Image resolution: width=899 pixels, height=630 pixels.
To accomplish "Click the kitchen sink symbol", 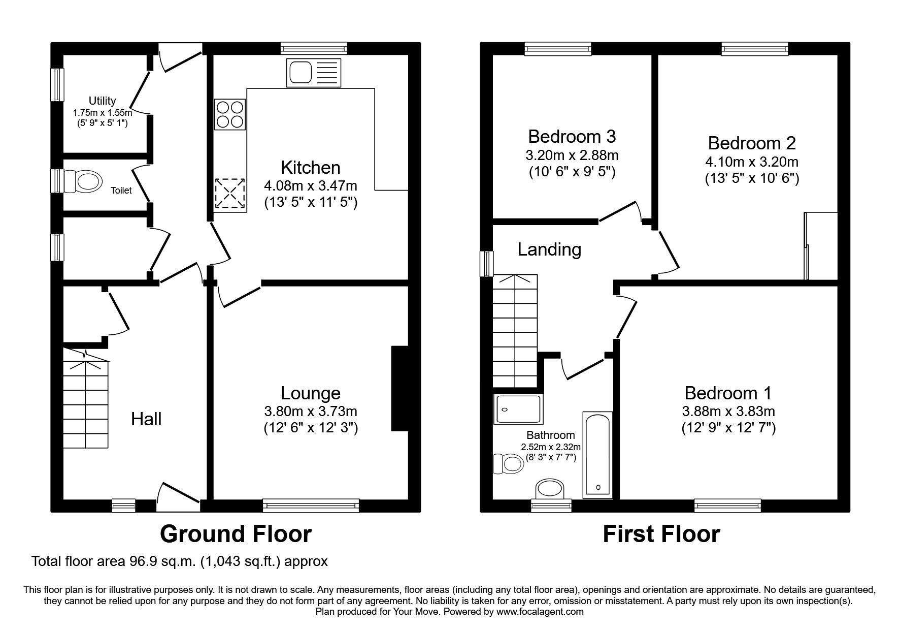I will click(313, 72).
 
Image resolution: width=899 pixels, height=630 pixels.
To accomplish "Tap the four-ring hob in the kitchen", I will click(230, 114).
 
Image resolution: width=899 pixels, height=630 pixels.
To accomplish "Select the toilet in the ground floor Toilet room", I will click(86, 181).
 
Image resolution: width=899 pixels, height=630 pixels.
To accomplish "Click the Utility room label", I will click(102, 101).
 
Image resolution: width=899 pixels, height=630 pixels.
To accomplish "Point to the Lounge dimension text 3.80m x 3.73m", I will click(310, 411).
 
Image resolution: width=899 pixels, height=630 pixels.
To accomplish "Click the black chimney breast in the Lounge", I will click(399, 389).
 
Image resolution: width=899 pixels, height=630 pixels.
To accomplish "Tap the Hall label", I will click(146, 419).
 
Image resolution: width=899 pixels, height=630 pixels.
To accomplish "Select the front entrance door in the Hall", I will click(178, 495).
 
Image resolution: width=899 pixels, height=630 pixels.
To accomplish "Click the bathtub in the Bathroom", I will click(597, 454).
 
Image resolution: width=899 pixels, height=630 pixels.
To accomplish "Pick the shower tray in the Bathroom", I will click(518, 409).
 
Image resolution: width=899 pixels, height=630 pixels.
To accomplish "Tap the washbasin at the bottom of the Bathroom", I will click(550, 489).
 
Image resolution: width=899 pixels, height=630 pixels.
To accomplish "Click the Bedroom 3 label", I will click(572, 137).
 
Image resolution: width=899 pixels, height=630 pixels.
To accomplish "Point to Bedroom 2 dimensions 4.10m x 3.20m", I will click(751, 162).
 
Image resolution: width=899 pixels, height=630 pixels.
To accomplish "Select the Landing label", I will click(549, 249).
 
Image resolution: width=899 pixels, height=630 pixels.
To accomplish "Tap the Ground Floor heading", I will click(236, 534).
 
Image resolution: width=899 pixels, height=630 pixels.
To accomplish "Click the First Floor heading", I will click(661, 534).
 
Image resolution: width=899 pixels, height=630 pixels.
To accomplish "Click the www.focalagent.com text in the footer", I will click(540, 612).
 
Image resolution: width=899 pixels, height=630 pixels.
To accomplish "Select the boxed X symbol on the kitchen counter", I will click(230, 193).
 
